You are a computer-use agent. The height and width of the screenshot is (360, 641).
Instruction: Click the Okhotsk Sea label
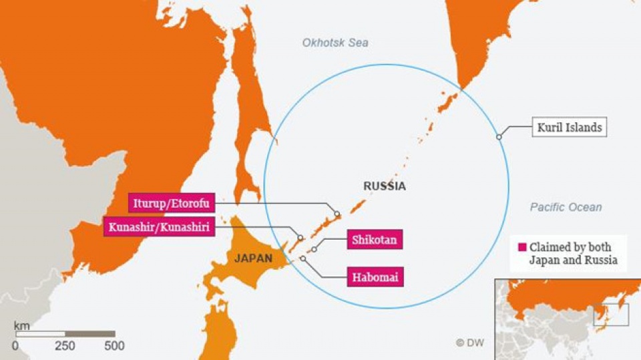335,43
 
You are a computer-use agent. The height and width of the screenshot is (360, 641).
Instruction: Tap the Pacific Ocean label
566,207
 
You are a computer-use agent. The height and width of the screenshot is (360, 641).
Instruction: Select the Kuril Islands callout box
569,127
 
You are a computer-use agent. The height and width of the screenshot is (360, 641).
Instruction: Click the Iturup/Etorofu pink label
172,202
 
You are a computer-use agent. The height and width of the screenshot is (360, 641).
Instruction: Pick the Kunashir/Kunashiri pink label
159,228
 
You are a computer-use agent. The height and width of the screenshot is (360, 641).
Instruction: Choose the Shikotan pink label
375,240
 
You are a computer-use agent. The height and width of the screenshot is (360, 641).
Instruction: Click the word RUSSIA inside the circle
384,186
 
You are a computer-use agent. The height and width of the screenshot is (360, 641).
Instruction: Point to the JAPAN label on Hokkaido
252,258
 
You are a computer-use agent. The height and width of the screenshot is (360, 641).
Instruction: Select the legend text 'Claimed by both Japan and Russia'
573,253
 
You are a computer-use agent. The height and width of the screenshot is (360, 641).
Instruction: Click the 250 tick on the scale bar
65,346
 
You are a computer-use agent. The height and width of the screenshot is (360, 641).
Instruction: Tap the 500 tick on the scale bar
114,346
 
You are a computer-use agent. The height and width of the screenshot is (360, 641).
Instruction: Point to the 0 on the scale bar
15,346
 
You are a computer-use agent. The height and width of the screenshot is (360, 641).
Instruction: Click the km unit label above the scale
21,325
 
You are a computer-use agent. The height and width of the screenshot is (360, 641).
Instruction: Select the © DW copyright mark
469,343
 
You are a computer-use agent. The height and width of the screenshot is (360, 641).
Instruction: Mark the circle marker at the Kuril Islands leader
499,137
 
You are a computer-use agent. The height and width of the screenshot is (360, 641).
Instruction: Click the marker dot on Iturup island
337,214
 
